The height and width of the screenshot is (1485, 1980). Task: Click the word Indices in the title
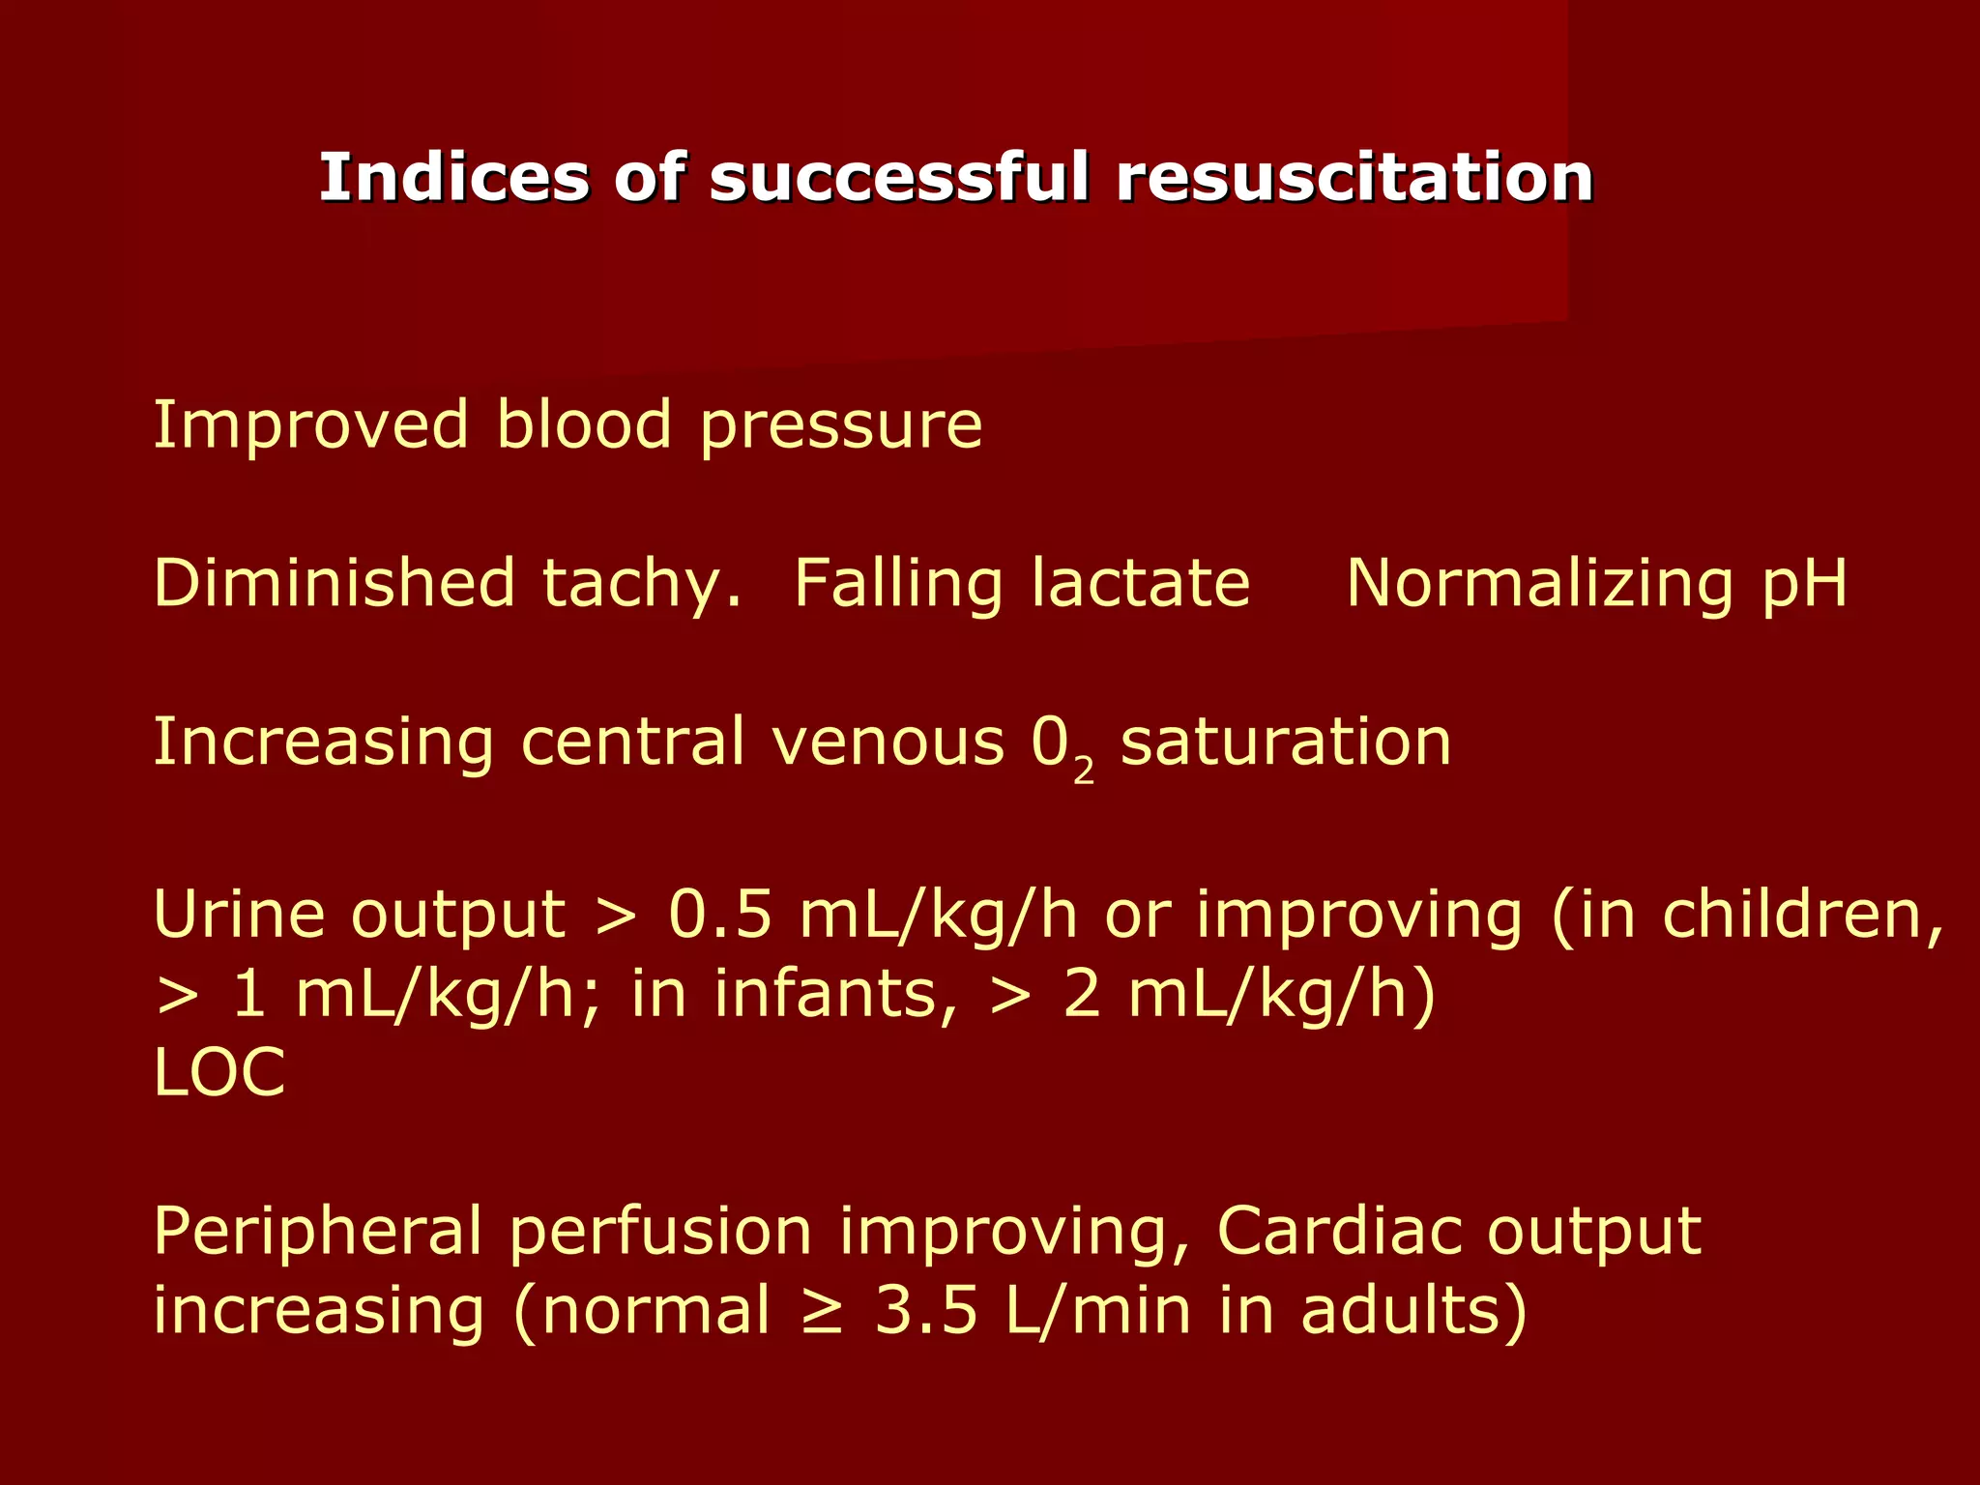pos(452,178)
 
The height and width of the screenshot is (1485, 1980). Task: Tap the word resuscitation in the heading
pos(1354,178)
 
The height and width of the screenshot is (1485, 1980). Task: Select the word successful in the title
pos(899,178)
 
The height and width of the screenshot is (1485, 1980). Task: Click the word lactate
pos(1140,583)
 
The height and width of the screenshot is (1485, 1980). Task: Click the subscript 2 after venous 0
pos(1084,771)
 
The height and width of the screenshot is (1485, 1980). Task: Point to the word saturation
pos(1286,742)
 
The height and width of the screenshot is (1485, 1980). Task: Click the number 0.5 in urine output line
pos(720,915)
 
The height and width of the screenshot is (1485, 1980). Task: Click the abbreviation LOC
pos(219,1073)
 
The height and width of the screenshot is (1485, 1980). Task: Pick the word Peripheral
pos(317,1233)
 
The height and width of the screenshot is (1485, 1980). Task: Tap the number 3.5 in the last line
pos(926,1311)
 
